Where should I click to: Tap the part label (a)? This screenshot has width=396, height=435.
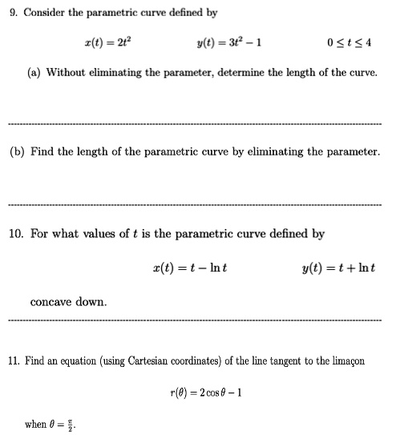(34, 73)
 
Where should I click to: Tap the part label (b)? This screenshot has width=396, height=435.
(18, 151)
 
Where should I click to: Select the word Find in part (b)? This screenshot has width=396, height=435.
(45, 151)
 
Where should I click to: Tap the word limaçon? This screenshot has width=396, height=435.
(344, 361)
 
